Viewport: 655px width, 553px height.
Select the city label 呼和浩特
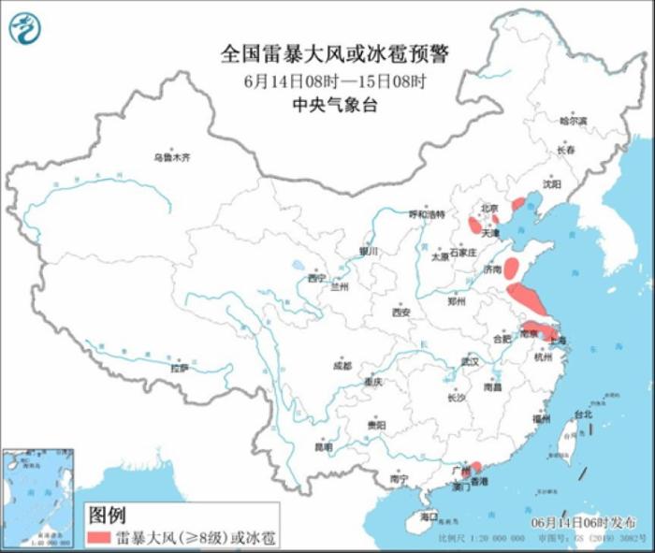(426, 214)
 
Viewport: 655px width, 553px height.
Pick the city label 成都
(342, 365)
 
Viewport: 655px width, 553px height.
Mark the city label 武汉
(469, 360)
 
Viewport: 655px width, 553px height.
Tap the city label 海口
(429, 516)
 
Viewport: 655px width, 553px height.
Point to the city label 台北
(583, 415)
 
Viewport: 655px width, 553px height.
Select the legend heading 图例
(106, 514)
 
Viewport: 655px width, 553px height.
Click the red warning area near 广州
(475, 466)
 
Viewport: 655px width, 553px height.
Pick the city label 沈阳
(552, 184)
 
